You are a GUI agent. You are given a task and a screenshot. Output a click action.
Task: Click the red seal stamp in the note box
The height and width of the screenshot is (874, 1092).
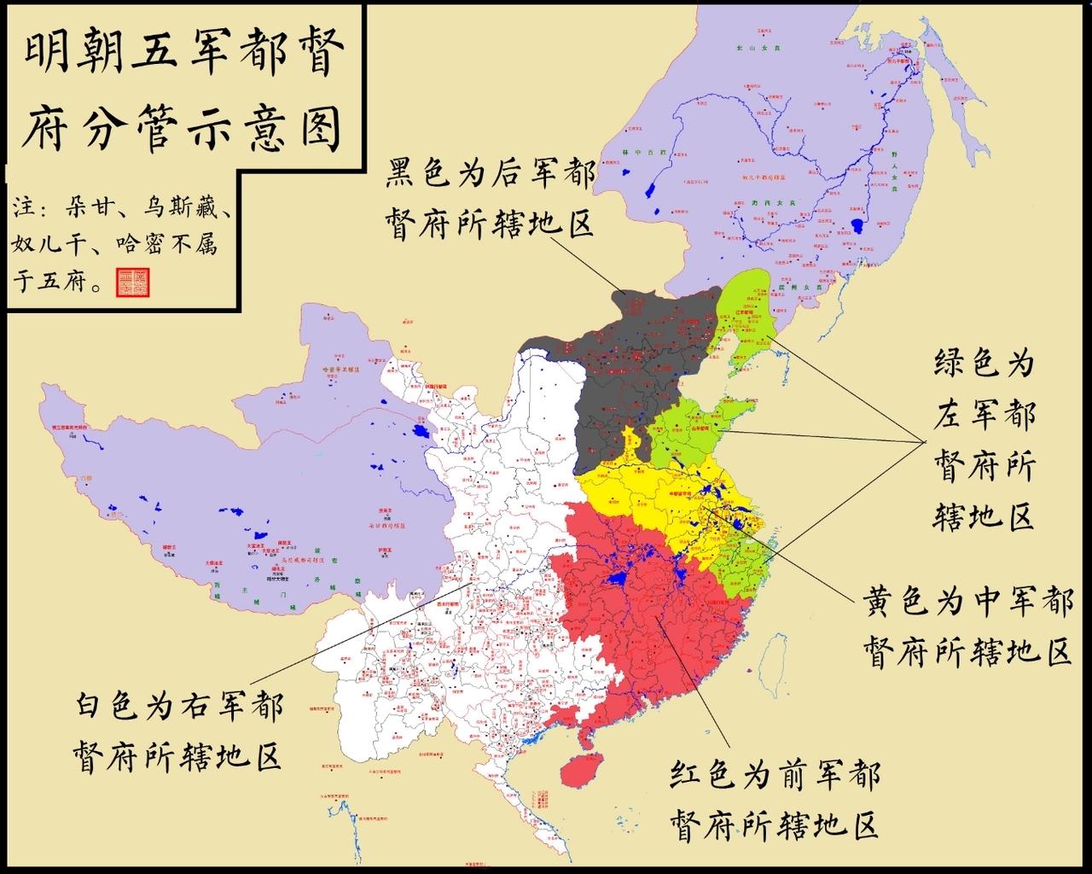coord(132,283)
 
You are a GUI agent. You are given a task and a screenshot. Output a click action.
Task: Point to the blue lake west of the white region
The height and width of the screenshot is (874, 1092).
coord(417,432)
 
